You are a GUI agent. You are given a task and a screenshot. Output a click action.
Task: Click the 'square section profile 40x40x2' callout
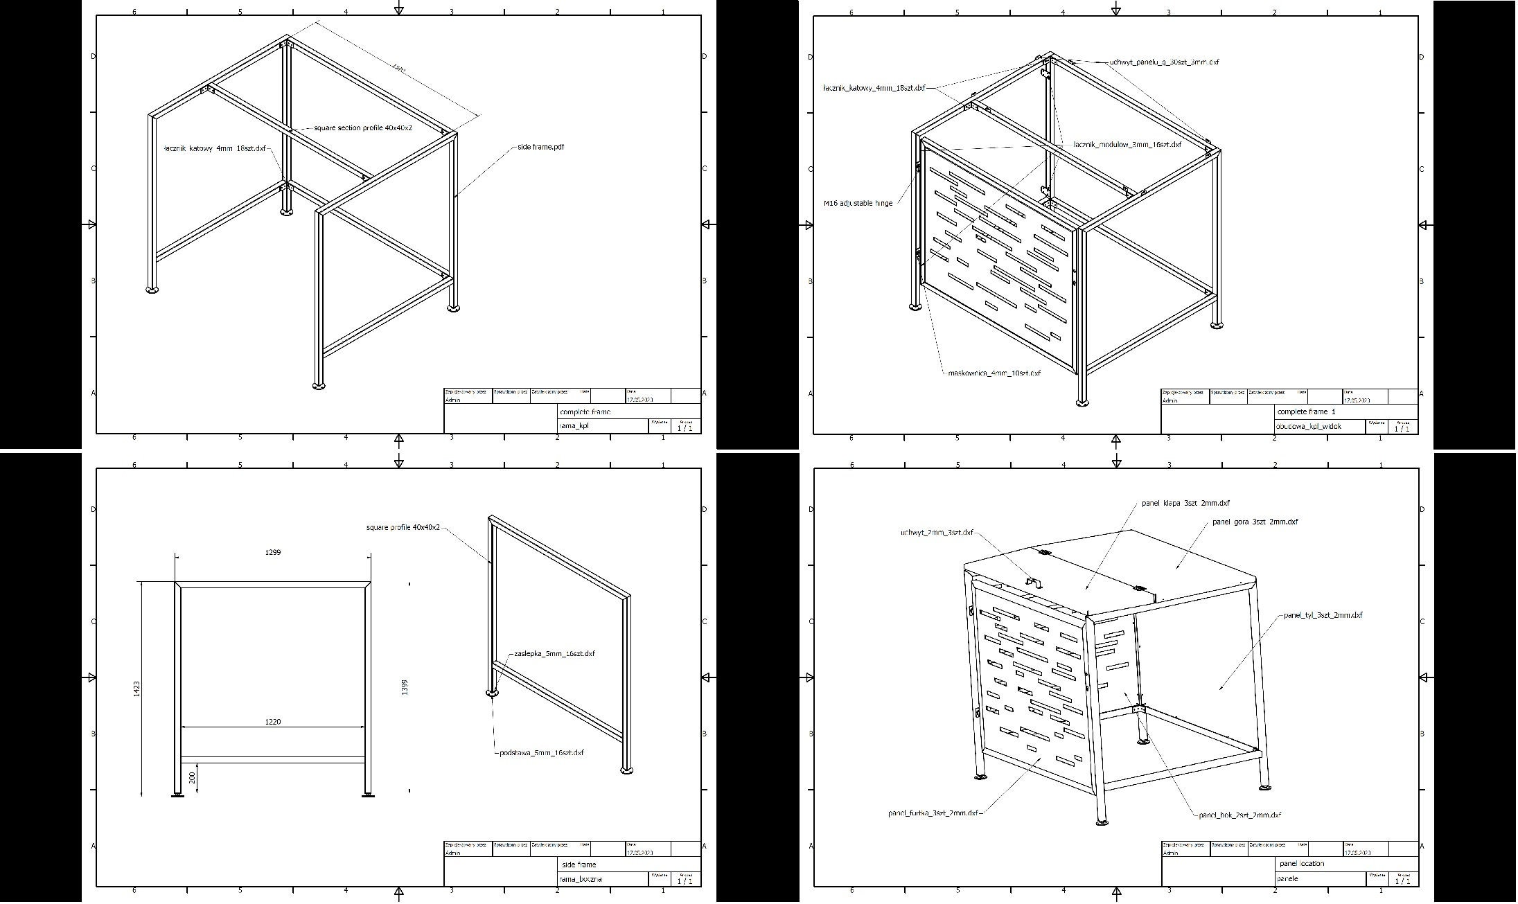coord(363,128)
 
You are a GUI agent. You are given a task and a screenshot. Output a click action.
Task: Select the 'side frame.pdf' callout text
coord(540,147)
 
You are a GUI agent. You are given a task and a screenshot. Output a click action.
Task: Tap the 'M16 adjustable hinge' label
coord(858,204)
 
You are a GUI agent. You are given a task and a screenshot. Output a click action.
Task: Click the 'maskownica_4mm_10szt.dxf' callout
coord(994,373)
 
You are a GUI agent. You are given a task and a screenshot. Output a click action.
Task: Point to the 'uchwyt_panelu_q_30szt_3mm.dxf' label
coord(1164,62)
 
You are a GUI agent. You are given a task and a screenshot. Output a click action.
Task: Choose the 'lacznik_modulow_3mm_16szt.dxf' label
coord(1127,145)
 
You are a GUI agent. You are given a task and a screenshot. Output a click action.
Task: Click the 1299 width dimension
coord(273,553)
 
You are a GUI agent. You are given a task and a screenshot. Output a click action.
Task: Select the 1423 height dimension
coord(137,689)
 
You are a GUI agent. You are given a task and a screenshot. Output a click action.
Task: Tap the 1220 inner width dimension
coord(273,722)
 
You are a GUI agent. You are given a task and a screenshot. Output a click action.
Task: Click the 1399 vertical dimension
coord(405,687)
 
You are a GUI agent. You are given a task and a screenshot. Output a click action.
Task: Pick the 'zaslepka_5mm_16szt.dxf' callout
coord(554,654)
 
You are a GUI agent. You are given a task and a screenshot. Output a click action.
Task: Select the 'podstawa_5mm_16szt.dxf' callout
coord(541,753)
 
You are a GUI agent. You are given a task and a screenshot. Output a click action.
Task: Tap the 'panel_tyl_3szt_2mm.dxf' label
coord(1323,615)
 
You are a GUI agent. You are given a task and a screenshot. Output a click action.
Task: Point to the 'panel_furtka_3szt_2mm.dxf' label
coord(933,813)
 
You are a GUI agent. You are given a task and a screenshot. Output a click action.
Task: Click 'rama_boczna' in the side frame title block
coord(581,879)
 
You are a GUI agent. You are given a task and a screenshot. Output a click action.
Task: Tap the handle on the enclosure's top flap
coord(1033,583)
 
